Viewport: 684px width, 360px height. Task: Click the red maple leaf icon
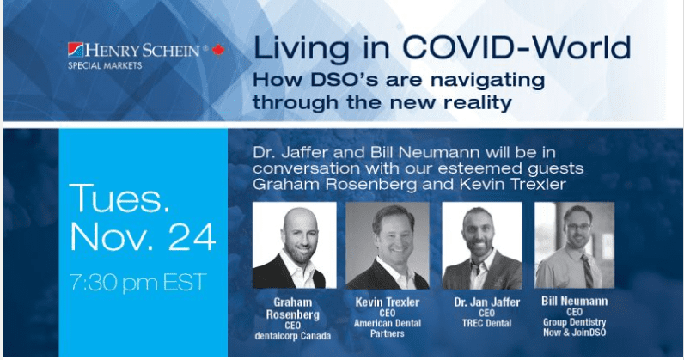(x=218, y=50)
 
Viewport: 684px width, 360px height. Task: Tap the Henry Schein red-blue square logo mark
(x=76, y=50)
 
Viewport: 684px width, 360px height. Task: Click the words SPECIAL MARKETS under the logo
(x=105, y=66)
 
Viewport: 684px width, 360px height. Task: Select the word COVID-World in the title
(x=516, y=47)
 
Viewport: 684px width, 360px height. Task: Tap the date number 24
(x=192, y=237)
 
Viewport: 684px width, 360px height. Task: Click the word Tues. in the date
(x=119, y=198)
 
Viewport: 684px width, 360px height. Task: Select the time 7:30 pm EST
(x=137, y=283)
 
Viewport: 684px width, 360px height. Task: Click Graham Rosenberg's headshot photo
(x=295, y=245)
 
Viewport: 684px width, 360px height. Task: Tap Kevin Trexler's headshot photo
(x=388, y=245)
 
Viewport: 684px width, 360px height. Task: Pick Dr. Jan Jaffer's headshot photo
(x=481, y=245)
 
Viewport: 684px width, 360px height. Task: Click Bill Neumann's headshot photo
(x=575, y=245)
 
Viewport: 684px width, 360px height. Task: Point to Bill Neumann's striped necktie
(x=587, y=270)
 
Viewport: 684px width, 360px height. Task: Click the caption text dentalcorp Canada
(x=293, y=336)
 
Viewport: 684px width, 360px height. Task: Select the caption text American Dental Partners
(x=388, y=328)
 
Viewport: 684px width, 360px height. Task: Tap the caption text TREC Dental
(x=487, y=323)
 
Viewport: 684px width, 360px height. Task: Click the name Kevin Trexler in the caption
(x=388, y=302)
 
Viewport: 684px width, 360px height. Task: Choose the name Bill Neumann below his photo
(x=575, y=301)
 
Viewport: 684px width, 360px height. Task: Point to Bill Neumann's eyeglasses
(x=578, y=227)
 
